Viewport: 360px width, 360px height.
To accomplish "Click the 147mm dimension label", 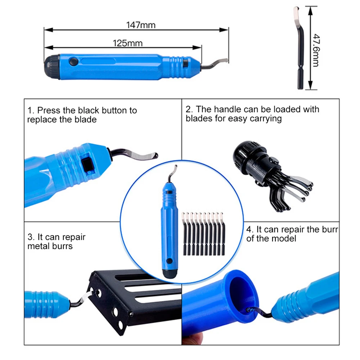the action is pyautogui.click(x=141, y=25).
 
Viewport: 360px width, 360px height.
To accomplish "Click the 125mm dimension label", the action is pyautogui.click(x=128, y=43).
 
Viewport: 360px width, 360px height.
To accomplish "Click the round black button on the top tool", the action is pyautogui.click(x=73, y=62).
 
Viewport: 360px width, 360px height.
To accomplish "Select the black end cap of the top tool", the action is pyautogui.click(x=51, y=67).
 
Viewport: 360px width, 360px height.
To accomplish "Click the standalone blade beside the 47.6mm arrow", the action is pyautogui.click(x=299, y=48).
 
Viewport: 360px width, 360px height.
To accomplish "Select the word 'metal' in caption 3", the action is pyautogui.click(x=38, y=246).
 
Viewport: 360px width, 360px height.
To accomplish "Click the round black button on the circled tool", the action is pyautogui.click(x=170, y=261).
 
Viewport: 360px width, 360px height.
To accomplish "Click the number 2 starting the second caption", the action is pyautogui.click(x=188, y=109).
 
